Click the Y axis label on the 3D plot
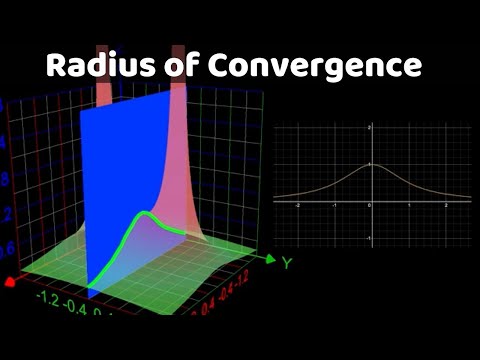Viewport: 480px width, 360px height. [286, 263]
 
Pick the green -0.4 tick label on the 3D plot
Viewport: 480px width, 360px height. [74, 304]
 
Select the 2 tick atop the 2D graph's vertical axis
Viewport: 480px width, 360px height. [368, 129]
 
